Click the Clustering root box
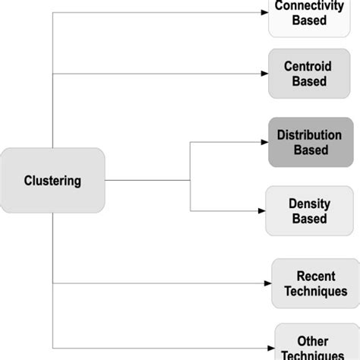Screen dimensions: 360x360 [x=52, y=181]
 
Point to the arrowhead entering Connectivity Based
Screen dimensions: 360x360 [x=264, y=13]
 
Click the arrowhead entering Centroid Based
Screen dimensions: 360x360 [x=264, y=74]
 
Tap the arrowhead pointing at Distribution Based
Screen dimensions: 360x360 [x=264, y=142]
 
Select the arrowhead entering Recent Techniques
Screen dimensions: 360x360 [x=267, y=283]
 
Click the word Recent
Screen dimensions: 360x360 [x=315, y=275]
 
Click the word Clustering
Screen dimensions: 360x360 [x=52, y=181]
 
